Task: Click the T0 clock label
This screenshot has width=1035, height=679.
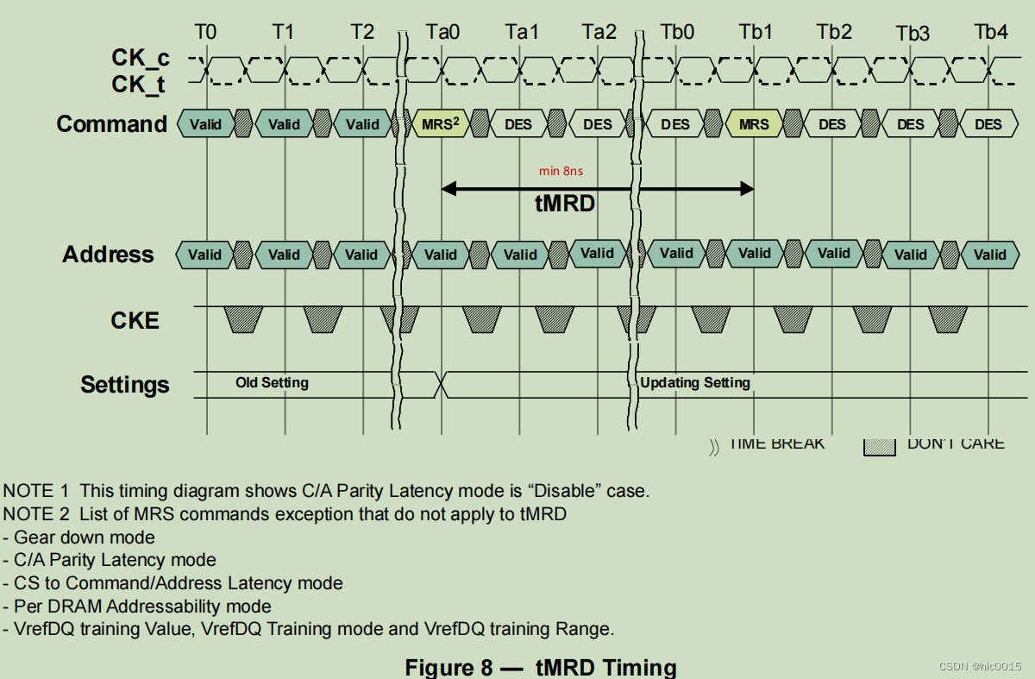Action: (205, 32)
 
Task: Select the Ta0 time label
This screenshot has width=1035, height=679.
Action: (442, 32)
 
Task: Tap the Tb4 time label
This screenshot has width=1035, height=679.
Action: (991, 32)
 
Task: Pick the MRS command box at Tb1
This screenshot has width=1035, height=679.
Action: (754, 124)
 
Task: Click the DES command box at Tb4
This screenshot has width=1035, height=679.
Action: (988, 124)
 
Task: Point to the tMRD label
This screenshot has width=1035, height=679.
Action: (566, 204)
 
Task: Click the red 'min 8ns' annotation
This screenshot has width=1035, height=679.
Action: (561, 171)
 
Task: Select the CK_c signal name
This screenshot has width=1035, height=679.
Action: (141, 58)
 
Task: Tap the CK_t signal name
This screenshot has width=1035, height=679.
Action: (139, 85)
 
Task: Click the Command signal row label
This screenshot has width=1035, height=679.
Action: (112, 124)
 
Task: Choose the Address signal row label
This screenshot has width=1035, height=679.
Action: (108, 255)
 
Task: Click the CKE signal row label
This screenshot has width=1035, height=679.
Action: (135, 321)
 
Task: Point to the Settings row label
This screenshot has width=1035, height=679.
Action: (125, 385)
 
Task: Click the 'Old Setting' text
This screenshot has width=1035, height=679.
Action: (272, 382)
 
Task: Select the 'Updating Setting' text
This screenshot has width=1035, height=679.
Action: (695, 382)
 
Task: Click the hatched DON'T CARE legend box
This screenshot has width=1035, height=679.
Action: (881, 445)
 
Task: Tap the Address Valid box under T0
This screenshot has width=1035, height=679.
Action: (205, 255)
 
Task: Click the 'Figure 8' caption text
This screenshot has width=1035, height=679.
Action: (461, 667)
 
